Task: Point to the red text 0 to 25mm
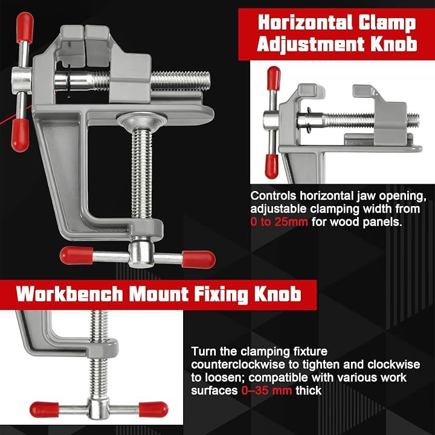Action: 279,222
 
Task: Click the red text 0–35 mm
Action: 266,391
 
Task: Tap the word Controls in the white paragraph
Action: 273,196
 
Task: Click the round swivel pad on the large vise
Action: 141,120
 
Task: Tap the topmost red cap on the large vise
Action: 24,27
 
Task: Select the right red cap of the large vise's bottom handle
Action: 198,259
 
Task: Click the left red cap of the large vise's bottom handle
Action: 76,255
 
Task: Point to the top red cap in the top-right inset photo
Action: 274,78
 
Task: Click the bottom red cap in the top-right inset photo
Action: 272,166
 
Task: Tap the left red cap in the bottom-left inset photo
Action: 44,410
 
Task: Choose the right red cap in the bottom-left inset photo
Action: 153,410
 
